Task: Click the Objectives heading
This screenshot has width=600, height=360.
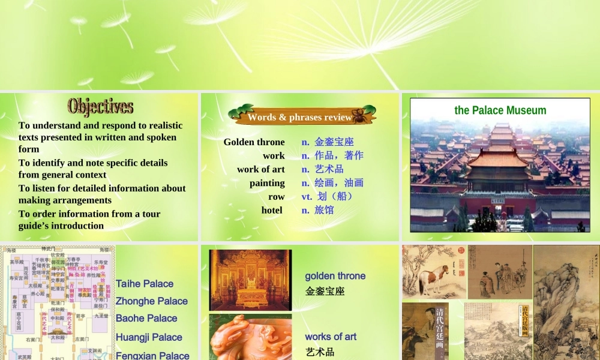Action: coord(100,106)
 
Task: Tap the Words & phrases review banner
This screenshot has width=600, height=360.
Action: coord(300,117)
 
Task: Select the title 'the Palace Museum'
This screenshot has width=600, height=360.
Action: coord(500,110)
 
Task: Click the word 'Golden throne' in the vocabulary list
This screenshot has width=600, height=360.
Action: coord(254,142)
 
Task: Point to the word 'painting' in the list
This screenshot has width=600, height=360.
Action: coord(267,183)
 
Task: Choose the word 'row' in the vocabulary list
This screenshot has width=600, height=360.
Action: coord(276,196)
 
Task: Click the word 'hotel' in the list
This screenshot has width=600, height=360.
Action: coord(272,210)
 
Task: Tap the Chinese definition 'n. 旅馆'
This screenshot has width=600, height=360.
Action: coord(317,210)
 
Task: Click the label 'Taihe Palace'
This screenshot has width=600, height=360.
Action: coord(145,284)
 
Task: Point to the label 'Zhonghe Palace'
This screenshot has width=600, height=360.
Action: coord(152,301)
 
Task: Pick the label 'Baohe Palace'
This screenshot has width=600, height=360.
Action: coord(146,318)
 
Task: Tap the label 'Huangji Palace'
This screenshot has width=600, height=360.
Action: coord(149,337)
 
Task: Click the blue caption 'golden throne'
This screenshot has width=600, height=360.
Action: coord(335,276)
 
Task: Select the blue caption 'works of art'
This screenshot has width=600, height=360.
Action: coord(331,337)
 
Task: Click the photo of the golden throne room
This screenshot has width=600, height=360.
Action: coord(250,280)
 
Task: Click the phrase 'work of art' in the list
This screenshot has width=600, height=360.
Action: coord(260,169)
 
